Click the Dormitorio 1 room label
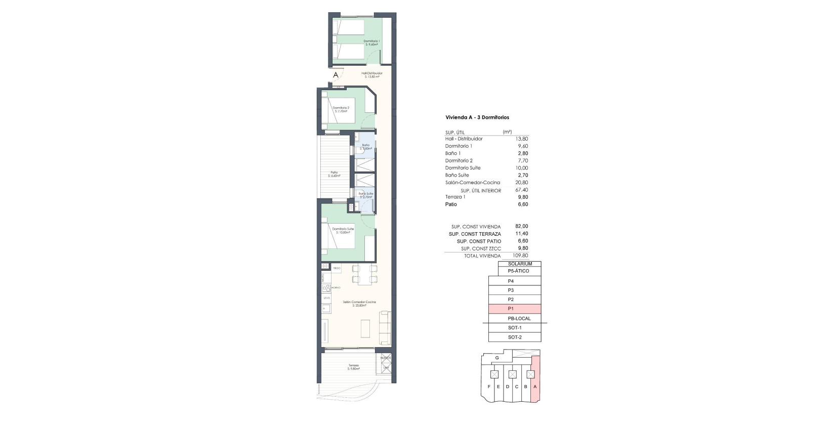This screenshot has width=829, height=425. pos(371,42)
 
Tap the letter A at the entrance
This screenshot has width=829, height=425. pos(336,75)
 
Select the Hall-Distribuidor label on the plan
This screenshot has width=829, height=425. pos(371,74)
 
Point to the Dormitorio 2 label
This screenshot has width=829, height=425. pos(341,109)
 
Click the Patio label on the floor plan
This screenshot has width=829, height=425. pos(334,174)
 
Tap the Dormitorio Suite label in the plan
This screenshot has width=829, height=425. pos(343,230)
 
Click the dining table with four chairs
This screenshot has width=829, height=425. pos(364,274)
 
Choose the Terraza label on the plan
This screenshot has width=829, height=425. pos(353,367)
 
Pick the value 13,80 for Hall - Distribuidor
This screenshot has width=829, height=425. pos(521,139)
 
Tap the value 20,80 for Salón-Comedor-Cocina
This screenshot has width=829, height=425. pos(521,183)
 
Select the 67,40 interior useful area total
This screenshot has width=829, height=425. pos(521,190)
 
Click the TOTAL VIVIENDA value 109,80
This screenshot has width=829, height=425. pos(520,256)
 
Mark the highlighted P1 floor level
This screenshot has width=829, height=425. pos(515,309)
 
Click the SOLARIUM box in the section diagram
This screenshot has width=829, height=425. pos(519,264)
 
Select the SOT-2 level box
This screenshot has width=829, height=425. pos(515,337)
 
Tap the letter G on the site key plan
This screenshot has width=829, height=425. pos(497,358)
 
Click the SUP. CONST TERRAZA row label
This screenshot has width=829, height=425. pos(475,234)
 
